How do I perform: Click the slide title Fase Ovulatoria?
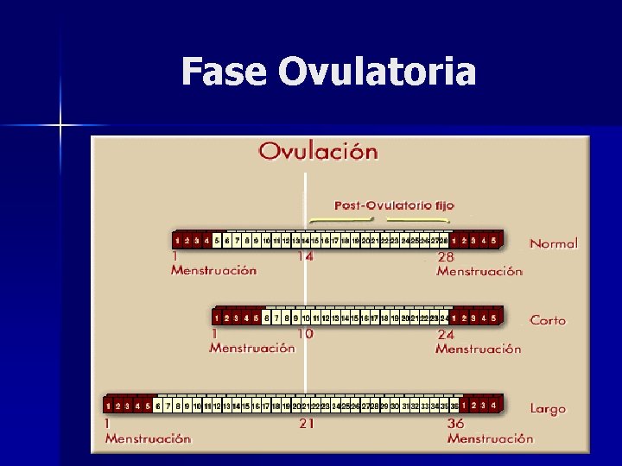tap(328, 72)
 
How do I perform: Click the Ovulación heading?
tap(319, 152)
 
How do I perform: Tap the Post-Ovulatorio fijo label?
tap(394, 205)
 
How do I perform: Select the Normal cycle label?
tap(553, 243)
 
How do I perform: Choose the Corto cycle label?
tap(548, 320)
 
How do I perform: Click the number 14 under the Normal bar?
tap(306, 255)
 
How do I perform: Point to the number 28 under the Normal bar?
tap(446, 257)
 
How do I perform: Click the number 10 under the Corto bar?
tap(305, 333)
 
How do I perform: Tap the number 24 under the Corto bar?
tap(446, 334)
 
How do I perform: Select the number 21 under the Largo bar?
tap(306, 424)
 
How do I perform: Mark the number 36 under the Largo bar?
tap(455, 424)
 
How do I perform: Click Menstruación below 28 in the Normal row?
tap(479, 271)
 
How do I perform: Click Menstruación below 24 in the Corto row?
tap(479, 349)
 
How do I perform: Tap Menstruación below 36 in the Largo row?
tap(490, 438)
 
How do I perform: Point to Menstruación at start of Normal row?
tap(213, 270)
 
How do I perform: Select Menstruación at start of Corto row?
tap(251, 348)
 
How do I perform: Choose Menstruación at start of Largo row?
tap(148, 438)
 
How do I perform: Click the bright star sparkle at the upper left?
tap(60, 126)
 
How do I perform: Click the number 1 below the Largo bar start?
tap(107, 424)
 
